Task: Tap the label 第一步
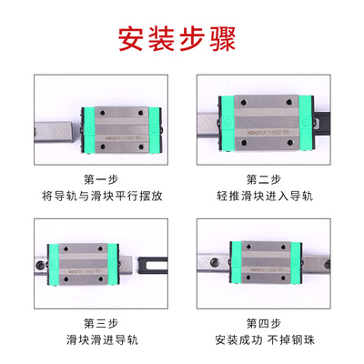pyautogui.click(x=100, y=178)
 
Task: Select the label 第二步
pyautogui.click(x=264, y=178)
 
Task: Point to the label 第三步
pyautogui.click(x=100, y=323)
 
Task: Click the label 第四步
pyautogui.click(x=264, y=323)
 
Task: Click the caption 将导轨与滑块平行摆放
pyautogui.click(x=100, y=195)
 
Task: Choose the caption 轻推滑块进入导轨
pyautogui.click(x=264, y=195)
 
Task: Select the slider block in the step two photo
pyautogui.click(x=264, y=116)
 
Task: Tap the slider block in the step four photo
pyautogui.click(x=264, y=261)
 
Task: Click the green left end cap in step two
pyautogui.click(x=218, y=116)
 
